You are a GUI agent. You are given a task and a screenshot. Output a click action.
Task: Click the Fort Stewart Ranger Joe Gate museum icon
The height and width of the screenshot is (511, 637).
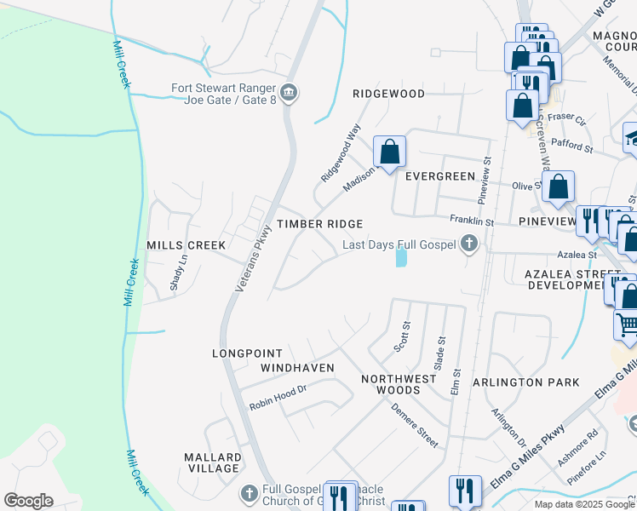289,92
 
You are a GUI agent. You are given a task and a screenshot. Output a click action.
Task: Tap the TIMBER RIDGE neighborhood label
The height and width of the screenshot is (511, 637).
319,224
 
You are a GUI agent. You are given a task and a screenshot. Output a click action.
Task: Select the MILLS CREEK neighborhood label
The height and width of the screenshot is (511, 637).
187,245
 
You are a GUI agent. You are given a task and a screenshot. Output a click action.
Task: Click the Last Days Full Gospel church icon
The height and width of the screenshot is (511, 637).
468,245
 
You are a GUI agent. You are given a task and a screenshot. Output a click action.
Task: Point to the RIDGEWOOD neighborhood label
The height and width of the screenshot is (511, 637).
389,93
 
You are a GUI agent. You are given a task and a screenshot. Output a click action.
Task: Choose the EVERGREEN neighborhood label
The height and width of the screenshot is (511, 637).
439,176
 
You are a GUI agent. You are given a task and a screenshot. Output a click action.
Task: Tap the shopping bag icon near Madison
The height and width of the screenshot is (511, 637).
389,153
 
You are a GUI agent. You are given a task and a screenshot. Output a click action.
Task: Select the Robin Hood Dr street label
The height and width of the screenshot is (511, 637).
278,396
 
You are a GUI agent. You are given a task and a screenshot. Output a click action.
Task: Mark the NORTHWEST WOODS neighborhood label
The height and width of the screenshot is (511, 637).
391,384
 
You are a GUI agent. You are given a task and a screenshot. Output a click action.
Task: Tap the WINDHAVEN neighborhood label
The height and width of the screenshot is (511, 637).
297,368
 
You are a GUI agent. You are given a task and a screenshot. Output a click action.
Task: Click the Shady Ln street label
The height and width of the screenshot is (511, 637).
177,273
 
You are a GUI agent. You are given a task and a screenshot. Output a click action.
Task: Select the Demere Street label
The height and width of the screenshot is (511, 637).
415,425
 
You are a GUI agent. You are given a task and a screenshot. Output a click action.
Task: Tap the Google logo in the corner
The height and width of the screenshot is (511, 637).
28,501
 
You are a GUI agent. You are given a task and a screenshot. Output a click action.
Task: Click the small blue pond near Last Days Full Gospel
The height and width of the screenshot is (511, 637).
400,256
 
